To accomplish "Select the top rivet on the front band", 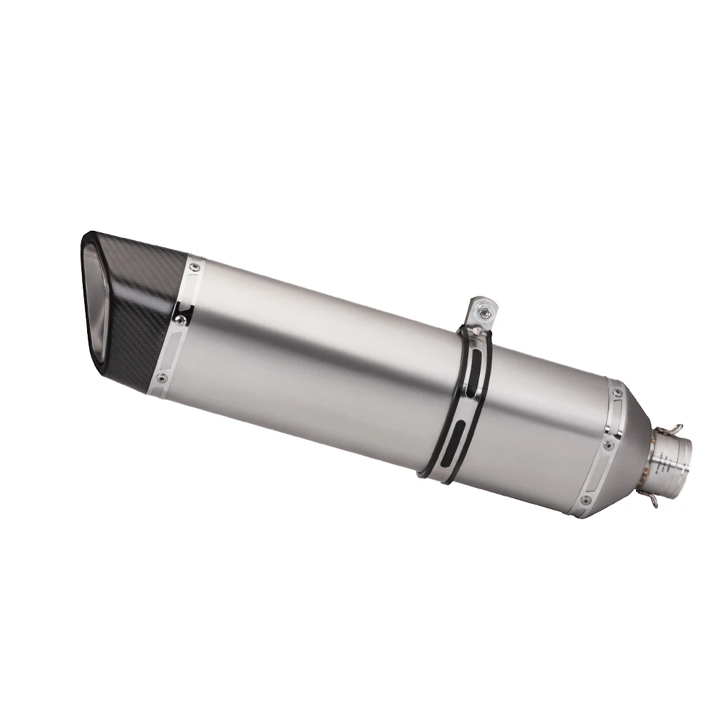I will click(x=193, y=268).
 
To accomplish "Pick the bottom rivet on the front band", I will click(x=161, y=378).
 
